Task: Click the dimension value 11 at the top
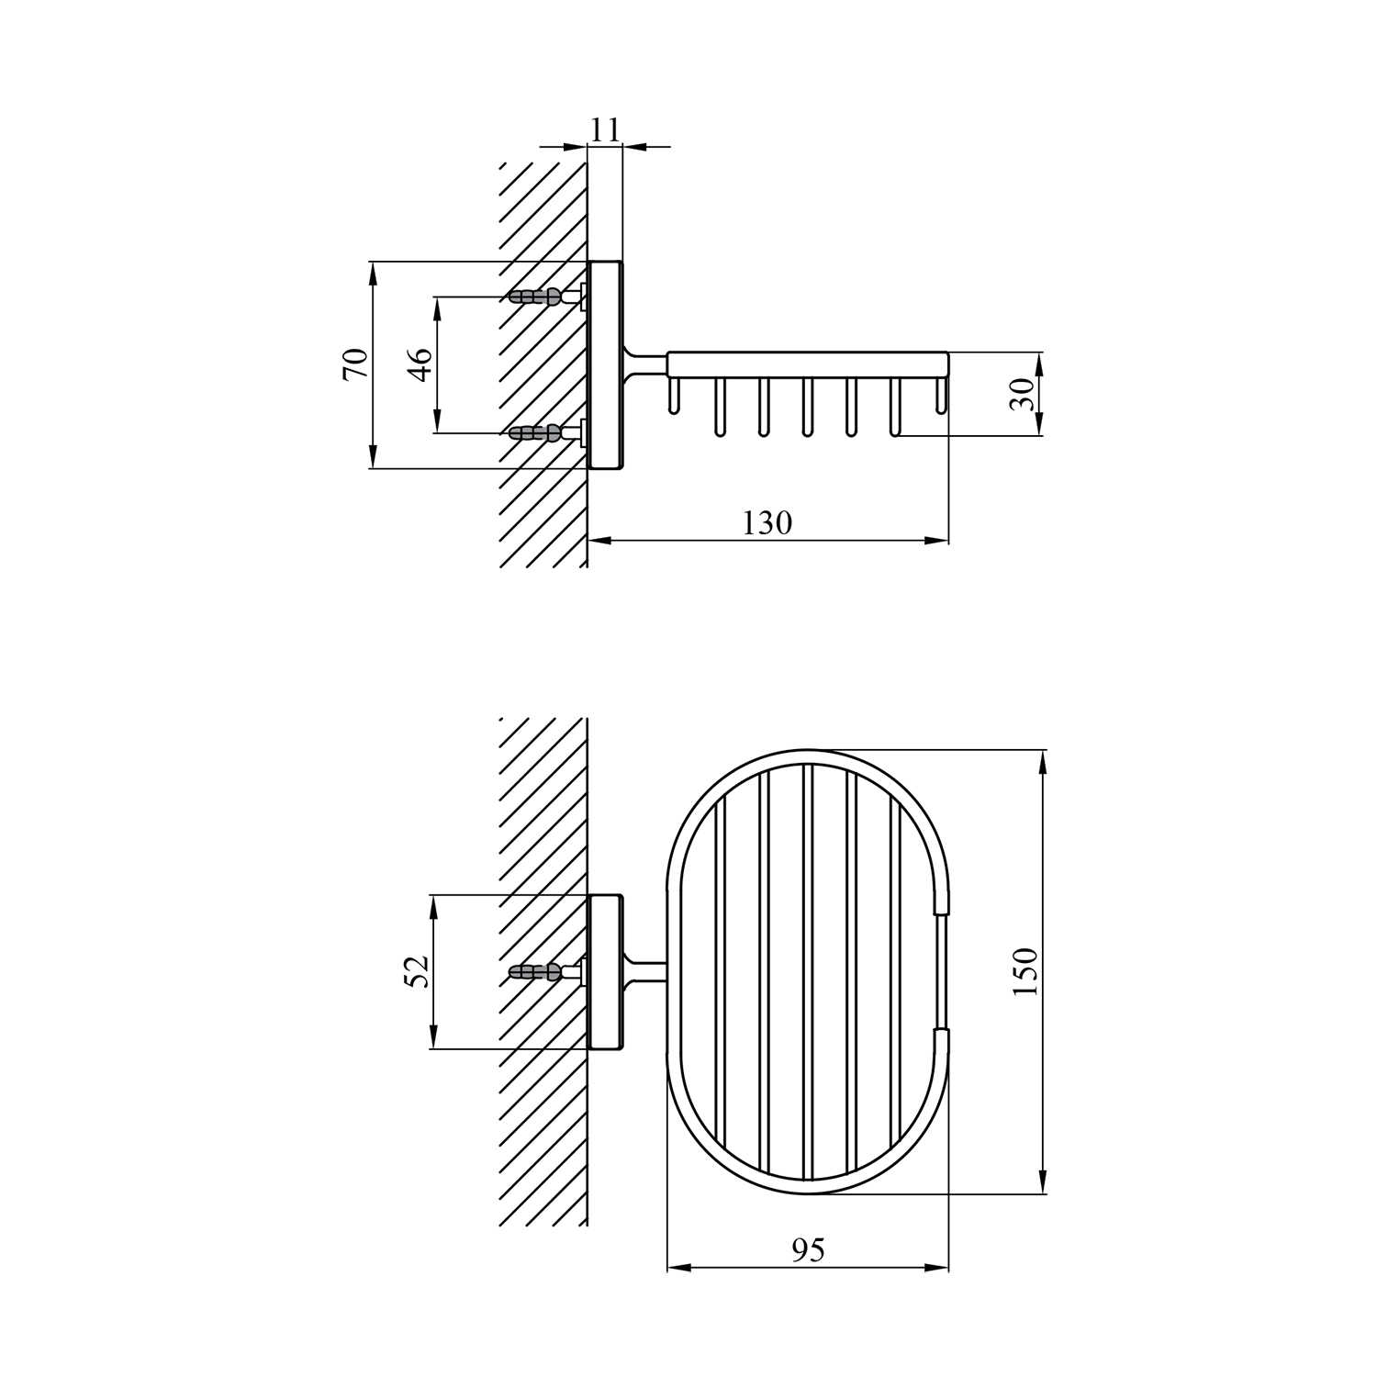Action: click(x=605, y=129)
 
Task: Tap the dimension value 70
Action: click(x=355, y=364)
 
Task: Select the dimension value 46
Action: click(x=420, y=364)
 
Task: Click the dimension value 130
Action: click(x=767, y=522)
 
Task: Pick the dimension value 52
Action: click(x=418, y=971)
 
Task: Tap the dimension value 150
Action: click(x=1025, y=971)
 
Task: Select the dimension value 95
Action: click(x=807, y=1249)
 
